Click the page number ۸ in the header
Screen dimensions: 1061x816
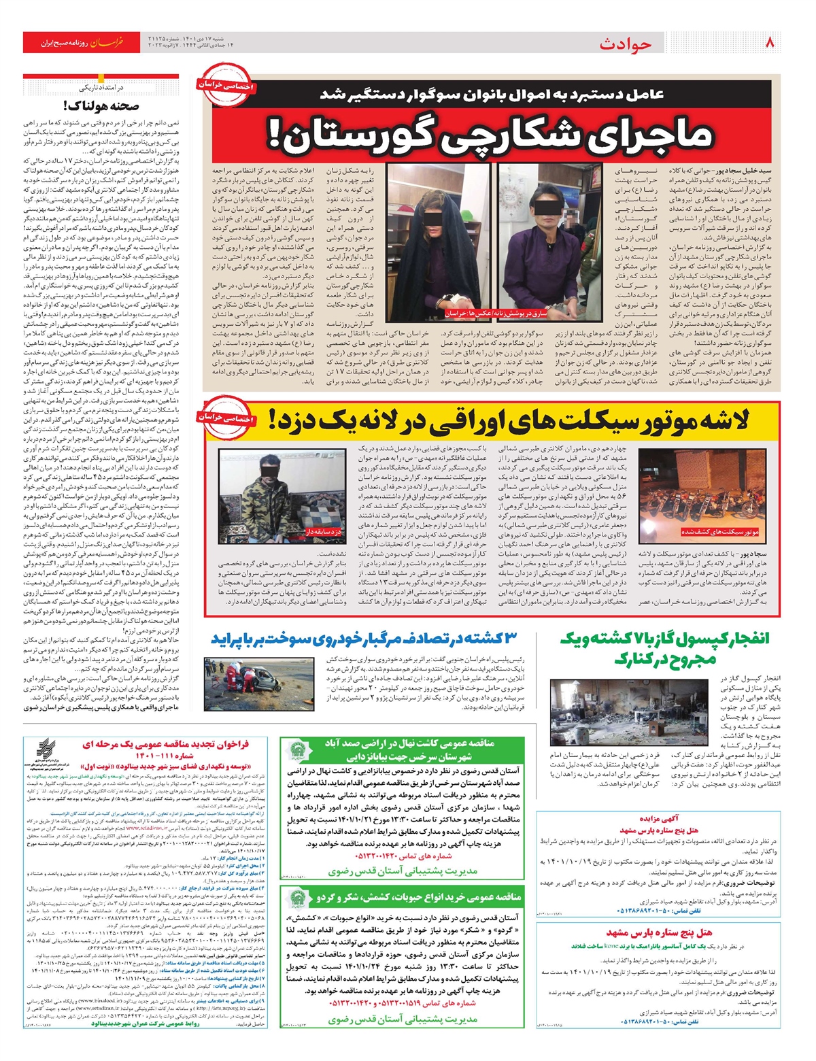point(770,42)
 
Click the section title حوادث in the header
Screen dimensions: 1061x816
point(625,44)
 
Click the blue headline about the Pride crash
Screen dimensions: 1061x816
point(364,639)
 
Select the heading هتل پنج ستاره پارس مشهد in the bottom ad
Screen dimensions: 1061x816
point(659,932)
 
